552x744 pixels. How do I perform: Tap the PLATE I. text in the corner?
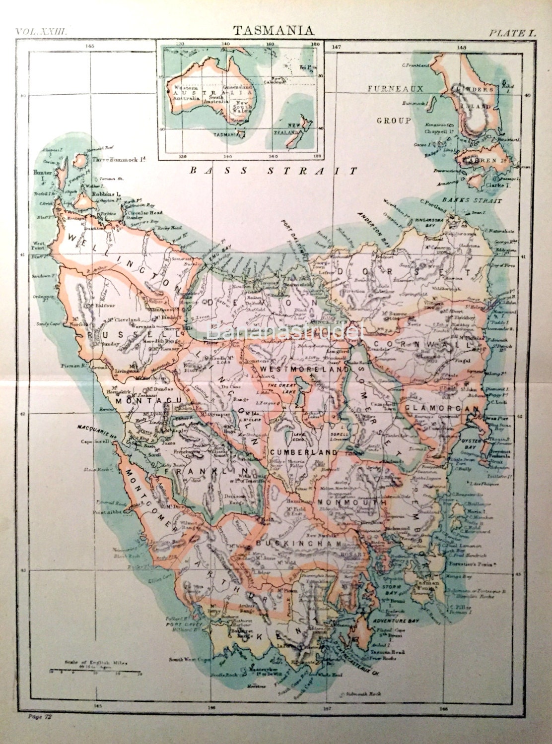pos(513,34)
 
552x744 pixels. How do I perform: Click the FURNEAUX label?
pos(395,89)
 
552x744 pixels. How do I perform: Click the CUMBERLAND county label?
pos(304,452)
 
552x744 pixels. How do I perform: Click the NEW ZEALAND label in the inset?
pos(296,130)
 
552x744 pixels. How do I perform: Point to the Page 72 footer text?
pos(41,716)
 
